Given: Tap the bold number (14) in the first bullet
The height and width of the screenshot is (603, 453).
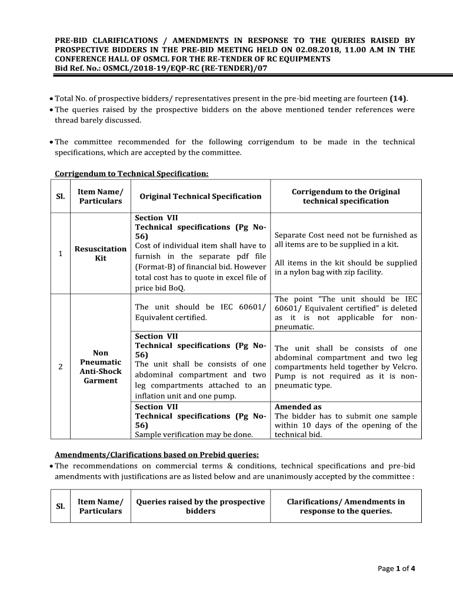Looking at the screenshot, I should click(398, 99).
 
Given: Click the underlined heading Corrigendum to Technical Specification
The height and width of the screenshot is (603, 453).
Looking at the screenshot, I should click(131, 174).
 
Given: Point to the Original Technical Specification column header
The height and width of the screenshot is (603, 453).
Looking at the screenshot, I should click(200, 196).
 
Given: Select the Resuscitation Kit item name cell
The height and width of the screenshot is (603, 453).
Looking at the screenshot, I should click(101, 254).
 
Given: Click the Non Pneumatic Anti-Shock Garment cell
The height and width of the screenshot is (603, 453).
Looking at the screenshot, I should click(101, 366).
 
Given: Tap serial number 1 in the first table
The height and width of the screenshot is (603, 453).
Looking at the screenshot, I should click(61, 254).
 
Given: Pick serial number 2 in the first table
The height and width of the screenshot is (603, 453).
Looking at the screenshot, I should click(61, 367).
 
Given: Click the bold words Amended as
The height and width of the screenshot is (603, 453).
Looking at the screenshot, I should click(298, 407).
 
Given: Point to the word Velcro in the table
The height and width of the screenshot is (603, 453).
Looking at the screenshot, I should click(403, 367).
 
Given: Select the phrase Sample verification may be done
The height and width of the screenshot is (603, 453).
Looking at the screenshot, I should click(194, 435).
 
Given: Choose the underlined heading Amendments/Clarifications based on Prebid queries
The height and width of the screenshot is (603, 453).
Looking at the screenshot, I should click(156, 454).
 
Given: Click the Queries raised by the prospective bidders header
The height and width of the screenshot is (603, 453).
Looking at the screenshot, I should click(200, 506).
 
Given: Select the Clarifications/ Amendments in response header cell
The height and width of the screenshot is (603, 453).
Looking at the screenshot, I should click(346, 506).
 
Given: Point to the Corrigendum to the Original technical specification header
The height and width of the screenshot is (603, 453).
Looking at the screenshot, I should click(346, 196).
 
